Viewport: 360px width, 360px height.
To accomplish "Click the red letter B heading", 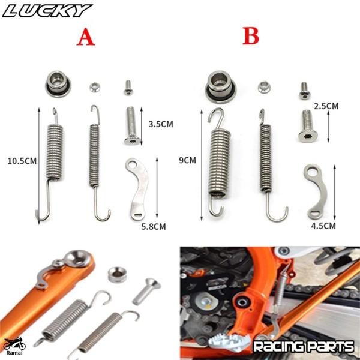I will (x=251, y=37).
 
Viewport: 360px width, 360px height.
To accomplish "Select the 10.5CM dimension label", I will (x=21, y=161).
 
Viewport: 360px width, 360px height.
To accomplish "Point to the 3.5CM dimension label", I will (x=160, y=124).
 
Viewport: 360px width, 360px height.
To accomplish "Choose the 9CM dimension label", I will (x=187, y=160).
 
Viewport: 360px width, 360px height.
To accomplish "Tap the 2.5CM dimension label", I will (x=326, y=106).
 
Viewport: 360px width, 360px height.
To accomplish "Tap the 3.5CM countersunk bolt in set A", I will (x=131, y=125).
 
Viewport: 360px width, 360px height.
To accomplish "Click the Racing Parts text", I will (x=303, y=346).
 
